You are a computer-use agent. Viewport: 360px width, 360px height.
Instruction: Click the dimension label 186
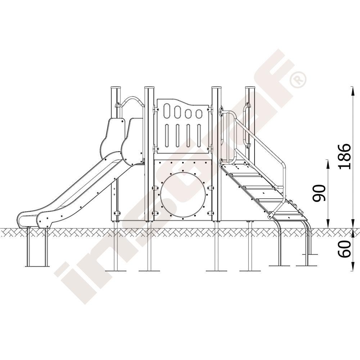click(x=345, y=156)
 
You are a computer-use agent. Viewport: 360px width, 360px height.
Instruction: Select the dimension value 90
click(x=320, y=193)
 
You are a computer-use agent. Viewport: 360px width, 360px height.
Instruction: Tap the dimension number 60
click(x=345, y=249)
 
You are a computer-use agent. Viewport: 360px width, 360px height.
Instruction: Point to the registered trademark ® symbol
click(x=298, y=80)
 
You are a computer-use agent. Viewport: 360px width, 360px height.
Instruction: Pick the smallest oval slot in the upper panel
click(x=198, y=114)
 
